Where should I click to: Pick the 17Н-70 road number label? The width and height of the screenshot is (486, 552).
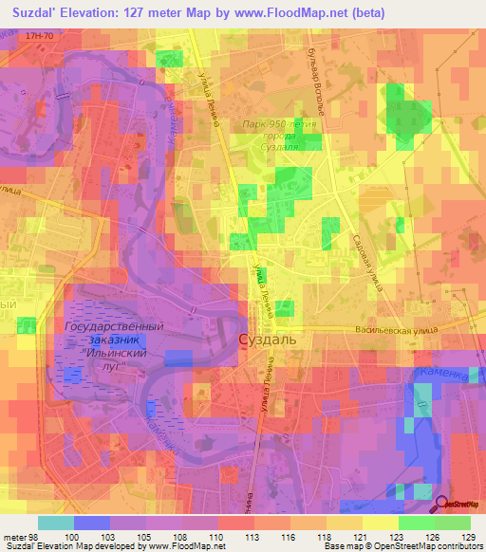tap(41, 35)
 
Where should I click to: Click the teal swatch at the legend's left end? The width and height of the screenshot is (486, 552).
tap(56, 523)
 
